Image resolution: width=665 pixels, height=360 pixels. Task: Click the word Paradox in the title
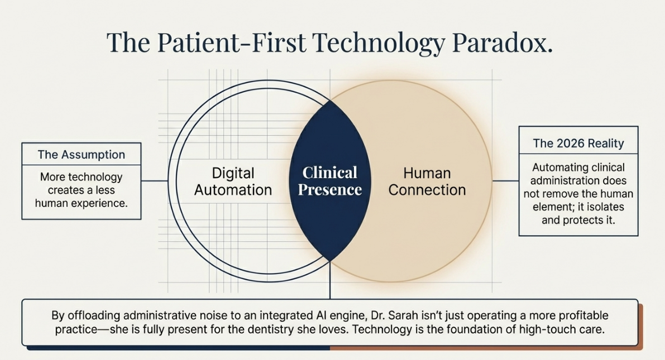(502, 42)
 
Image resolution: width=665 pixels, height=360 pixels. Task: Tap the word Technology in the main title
(379, 44)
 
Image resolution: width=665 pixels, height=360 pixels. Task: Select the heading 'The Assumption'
(82, 155)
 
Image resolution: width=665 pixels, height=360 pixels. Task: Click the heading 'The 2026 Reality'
(578, 143)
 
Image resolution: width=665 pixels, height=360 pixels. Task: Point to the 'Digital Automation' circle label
(233, 181)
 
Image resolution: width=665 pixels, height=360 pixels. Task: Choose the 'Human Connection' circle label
(427, 181)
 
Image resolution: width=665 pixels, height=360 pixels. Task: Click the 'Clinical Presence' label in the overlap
(330, 181)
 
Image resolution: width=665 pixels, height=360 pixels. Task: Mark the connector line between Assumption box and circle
(154, 181)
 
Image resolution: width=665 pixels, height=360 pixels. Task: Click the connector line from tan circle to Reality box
(505, 181)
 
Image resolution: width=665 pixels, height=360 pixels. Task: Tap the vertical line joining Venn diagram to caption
(330, 280)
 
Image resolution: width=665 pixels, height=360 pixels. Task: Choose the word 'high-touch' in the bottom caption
(546, 329)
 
